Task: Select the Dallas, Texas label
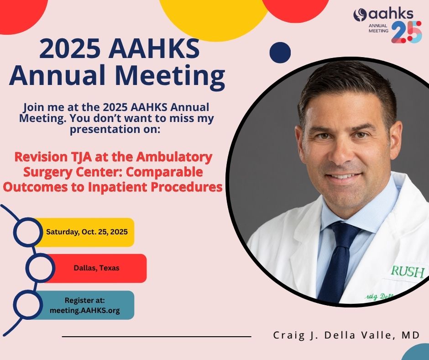pyautogui.click(x=96, y=268)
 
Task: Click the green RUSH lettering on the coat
pyautogui.click(x=407, y=272)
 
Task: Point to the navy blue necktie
pyautogui.click(x=336, y=260)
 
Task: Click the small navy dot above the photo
pyautogui.click(x=280, y=52)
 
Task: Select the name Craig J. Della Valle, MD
pyautogui.click(x=346, y=335)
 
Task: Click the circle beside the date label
pyautogui.click(x=27, y=232)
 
